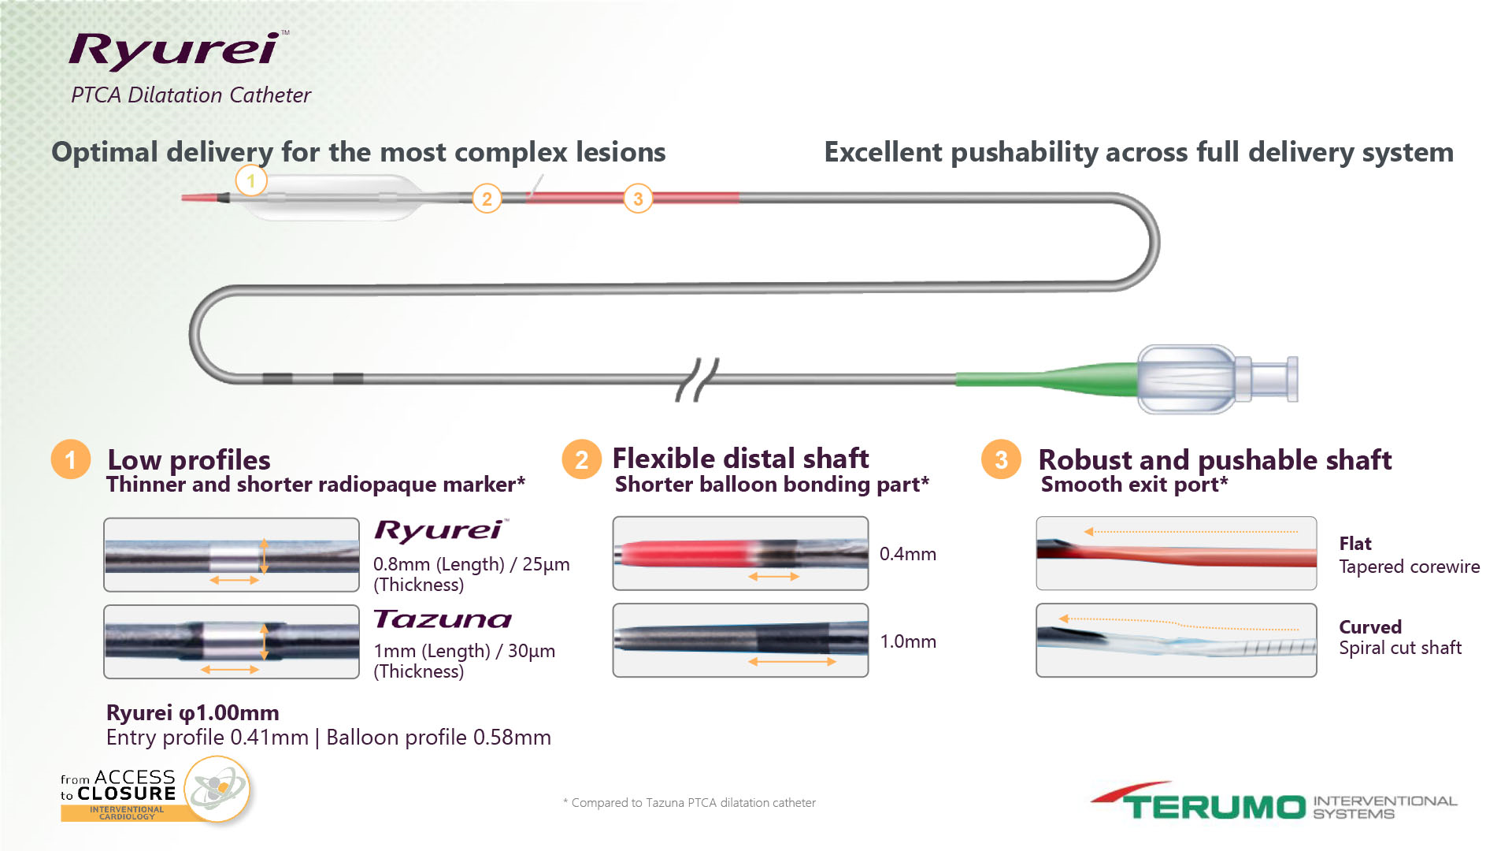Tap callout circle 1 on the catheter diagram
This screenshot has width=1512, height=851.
(x=251, y=181)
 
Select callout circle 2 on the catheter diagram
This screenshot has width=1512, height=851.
(x=487, y=199)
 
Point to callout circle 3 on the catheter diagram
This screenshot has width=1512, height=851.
(x=638, y=199)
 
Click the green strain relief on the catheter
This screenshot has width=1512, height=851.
(x=1047, y=377)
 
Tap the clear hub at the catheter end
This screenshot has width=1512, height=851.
(x=1217, y=379)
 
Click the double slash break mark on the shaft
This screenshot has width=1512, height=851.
(x=698, y=379)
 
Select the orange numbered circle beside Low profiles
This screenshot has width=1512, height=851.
(x=71, y=459)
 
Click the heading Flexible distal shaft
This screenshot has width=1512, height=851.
(x=740, y=458)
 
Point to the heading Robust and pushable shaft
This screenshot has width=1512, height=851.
(x=1215, y=459)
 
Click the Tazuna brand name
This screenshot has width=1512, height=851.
(x=443, y=619)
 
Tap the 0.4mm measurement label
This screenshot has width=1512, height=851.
(x=908, y=554)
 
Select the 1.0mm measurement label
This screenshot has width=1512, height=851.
(x=908, y=641)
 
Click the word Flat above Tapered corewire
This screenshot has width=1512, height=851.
(x=1355, y=544)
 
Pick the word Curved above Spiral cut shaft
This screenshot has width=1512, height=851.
(x=1370, y=627)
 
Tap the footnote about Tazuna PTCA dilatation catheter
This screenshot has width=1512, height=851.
(x=689, y=803)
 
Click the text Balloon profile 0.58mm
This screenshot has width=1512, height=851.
(x=439, y=738)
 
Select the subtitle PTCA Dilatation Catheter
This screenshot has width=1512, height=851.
(x=191, y=95)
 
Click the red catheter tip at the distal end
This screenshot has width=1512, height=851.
(x=203, y=197)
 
